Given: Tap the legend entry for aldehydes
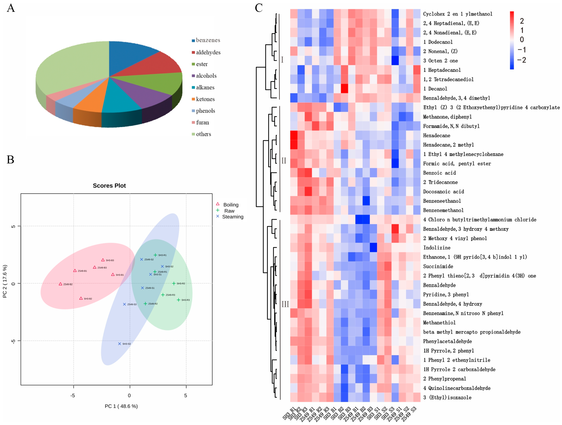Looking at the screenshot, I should coord(208,52).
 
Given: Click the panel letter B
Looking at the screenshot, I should coord(10,159).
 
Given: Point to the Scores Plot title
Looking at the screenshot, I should coord(109,186).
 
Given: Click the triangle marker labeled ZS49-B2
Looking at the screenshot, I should coord(61,284).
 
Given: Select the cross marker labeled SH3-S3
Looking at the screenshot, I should coord(119,344).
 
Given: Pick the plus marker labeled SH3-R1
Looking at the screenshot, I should coord(155,255).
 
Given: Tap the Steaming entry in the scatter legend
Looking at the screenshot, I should coord(233,217).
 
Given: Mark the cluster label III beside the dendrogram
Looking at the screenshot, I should coord(285,304).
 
